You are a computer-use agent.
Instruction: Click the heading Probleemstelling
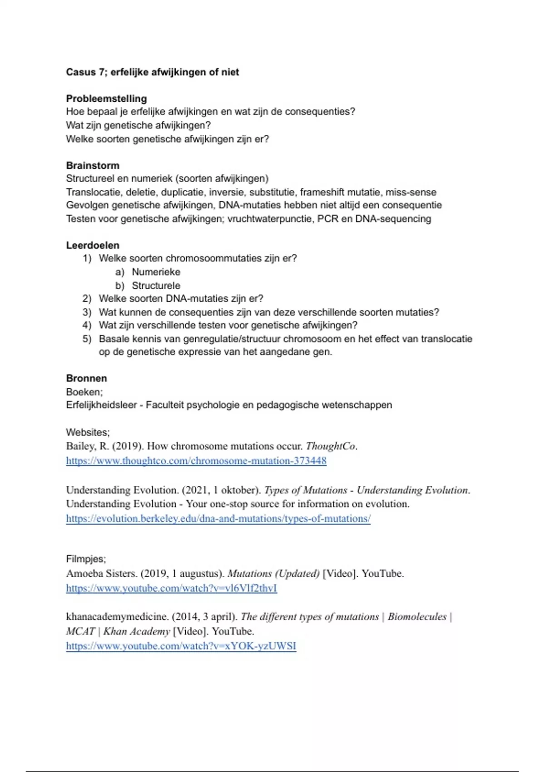point(106,99)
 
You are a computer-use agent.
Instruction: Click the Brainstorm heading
point(93,165)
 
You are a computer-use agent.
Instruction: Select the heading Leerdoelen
point(93,245)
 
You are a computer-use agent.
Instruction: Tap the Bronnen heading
point(86,378)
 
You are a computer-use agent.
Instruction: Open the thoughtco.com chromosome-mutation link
point(196,461)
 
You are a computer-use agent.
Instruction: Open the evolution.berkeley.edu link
point(218,519)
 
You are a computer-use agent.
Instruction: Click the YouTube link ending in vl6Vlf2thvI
point(171,588)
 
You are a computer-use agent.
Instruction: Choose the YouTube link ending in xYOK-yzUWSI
point(181,646)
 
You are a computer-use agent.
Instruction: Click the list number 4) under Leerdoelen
point(87,325)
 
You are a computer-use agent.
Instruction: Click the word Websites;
point(88,432)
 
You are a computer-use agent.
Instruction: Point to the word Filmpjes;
point(86,559)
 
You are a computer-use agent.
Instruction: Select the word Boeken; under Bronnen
point(84,392)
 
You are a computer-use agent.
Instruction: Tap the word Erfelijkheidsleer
point(101,405)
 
